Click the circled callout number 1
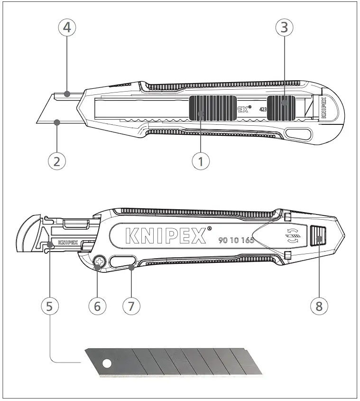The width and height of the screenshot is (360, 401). pyautogui.click(x=201, y=161)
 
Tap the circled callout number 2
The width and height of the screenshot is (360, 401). pyautogui.click(x=57, y=161)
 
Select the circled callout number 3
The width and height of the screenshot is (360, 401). pyautogui.click(x=284, y=28)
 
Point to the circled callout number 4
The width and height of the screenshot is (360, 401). pyautogui.click(x=67, y=28)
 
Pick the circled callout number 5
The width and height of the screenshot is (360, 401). pyautogui.click(x=50, y=306)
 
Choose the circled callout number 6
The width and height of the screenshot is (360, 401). pyautogui.click(x=97, y=306)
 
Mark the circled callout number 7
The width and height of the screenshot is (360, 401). pyautogui.click(x=131, y=306)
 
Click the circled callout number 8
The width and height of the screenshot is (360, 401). pyautogui.click(x=319, y=306)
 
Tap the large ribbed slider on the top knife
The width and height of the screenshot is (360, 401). pyautogui.click(x=212, y=108)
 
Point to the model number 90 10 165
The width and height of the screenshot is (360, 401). pyautogui.click(x=236, y=240)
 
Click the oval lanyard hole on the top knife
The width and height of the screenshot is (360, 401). pyautogui.click(x=298, y=135)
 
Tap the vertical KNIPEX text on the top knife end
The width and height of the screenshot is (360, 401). pyautogui.click(x=324, y=108)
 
